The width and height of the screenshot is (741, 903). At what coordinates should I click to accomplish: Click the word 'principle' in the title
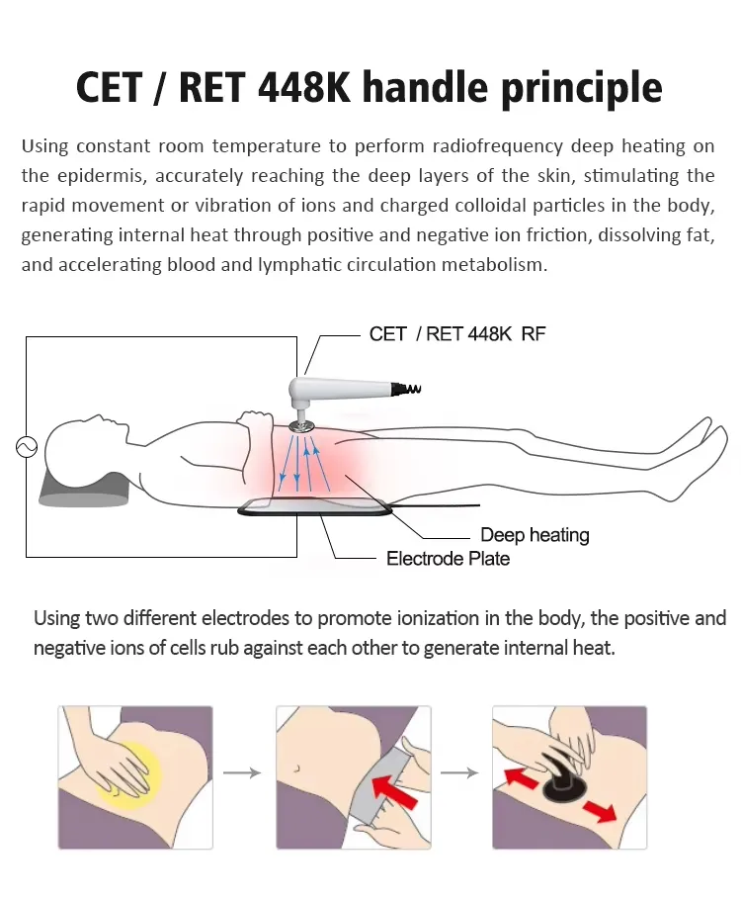click(x=579, y=87)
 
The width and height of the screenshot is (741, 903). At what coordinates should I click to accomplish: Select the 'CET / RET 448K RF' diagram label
click(x=456, y=334)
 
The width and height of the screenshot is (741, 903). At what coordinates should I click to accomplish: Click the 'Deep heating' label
click(x=535, y=535)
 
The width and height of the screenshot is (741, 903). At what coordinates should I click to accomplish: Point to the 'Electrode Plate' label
click(x=448, y=559)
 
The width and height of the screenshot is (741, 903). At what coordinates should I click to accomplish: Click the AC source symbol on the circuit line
click(x=26, y=447)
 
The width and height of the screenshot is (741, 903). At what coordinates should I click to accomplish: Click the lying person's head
click(x=84, y=445)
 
